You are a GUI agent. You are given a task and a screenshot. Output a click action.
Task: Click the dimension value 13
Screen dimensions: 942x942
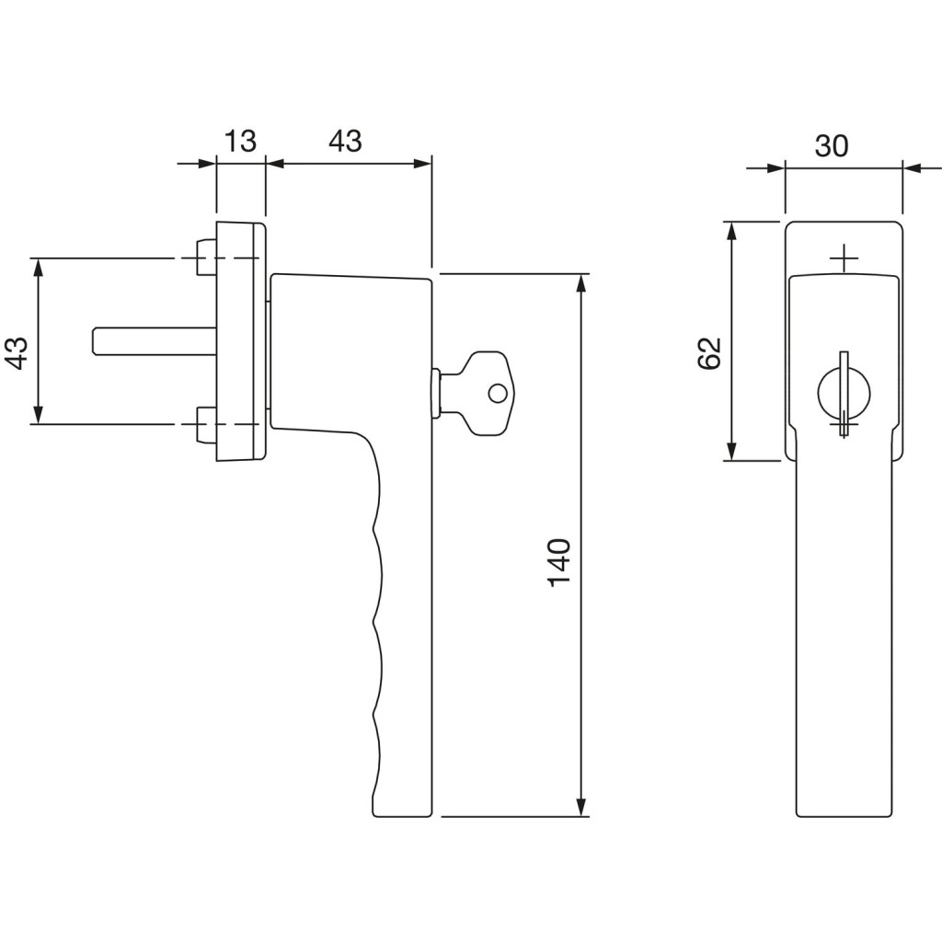[x=240, y=141]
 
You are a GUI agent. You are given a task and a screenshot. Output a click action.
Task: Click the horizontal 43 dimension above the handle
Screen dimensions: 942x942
[x=346, y=141]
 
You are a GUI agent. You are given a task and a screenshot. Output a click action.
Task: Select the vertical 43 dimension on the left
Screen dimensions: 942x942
[x=18, y=353]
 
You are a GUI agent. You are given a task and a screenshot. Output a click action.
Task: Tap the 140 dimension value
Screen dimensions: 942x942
[x=559, y=562]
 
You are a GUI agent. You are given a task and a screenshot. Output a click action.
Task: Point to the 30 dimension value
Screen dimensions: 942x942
[x=832, y=146]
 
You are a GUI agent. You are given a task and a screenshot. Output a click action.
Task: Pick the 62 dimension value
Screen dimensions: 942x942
[x=709, y=353]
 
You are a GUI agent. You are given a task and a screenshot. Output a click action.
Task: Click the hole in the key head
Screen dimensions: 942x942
[x=498, y=394]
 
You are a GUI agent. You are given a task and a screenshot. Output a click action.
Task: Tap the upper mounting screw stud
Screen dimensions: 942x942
[x=206, y=258]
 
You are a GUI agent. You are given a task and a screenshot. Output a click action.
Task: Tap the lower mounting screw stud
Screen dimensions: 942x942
[x=206, y=425]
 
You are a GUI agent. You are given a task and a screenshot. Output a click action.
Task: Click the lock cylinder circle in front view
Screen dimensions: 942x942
[x=844, y=393]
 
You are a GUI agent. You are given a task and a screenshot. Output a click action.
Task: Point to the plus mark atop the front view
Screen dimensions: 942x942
[x=844, y=258]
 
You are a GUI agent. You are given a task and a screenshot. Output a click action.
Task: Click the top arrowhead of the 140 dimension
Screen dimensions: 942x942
[x=580, y=283]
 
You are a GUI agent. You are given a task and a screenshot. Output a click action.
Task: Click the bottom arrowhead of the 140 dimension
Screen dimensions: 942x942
[x=580, y=807]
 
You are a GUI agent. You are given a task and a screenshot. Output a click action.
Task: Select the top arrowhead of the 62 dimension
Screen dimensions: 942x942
[x=731, y=231]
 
